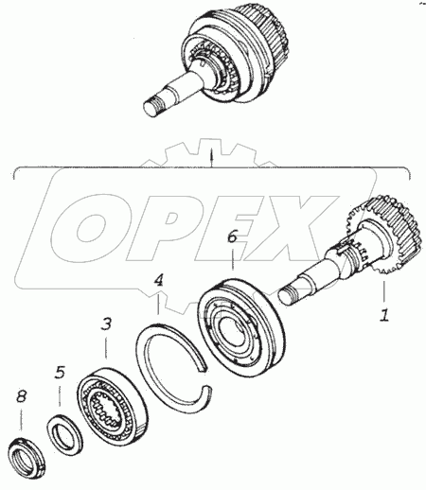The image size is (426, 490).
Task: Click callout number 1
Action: tap(384, 315)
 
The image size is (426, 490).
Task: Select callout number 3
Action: tap(106, 324)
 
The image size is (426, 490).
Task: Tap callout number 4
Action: tap(159, 280)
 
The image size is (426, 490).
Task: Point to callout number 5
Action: tap(60, 372)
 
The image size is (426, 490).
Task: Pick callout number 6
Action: tap(232, 236)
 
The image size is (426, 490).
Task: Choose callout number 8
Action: tap(21, 396)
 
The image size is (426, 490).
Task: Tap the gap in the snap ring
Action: tap(205, 377)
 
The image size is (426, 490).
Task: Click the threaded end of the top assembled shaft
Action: tap(153, 106)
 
